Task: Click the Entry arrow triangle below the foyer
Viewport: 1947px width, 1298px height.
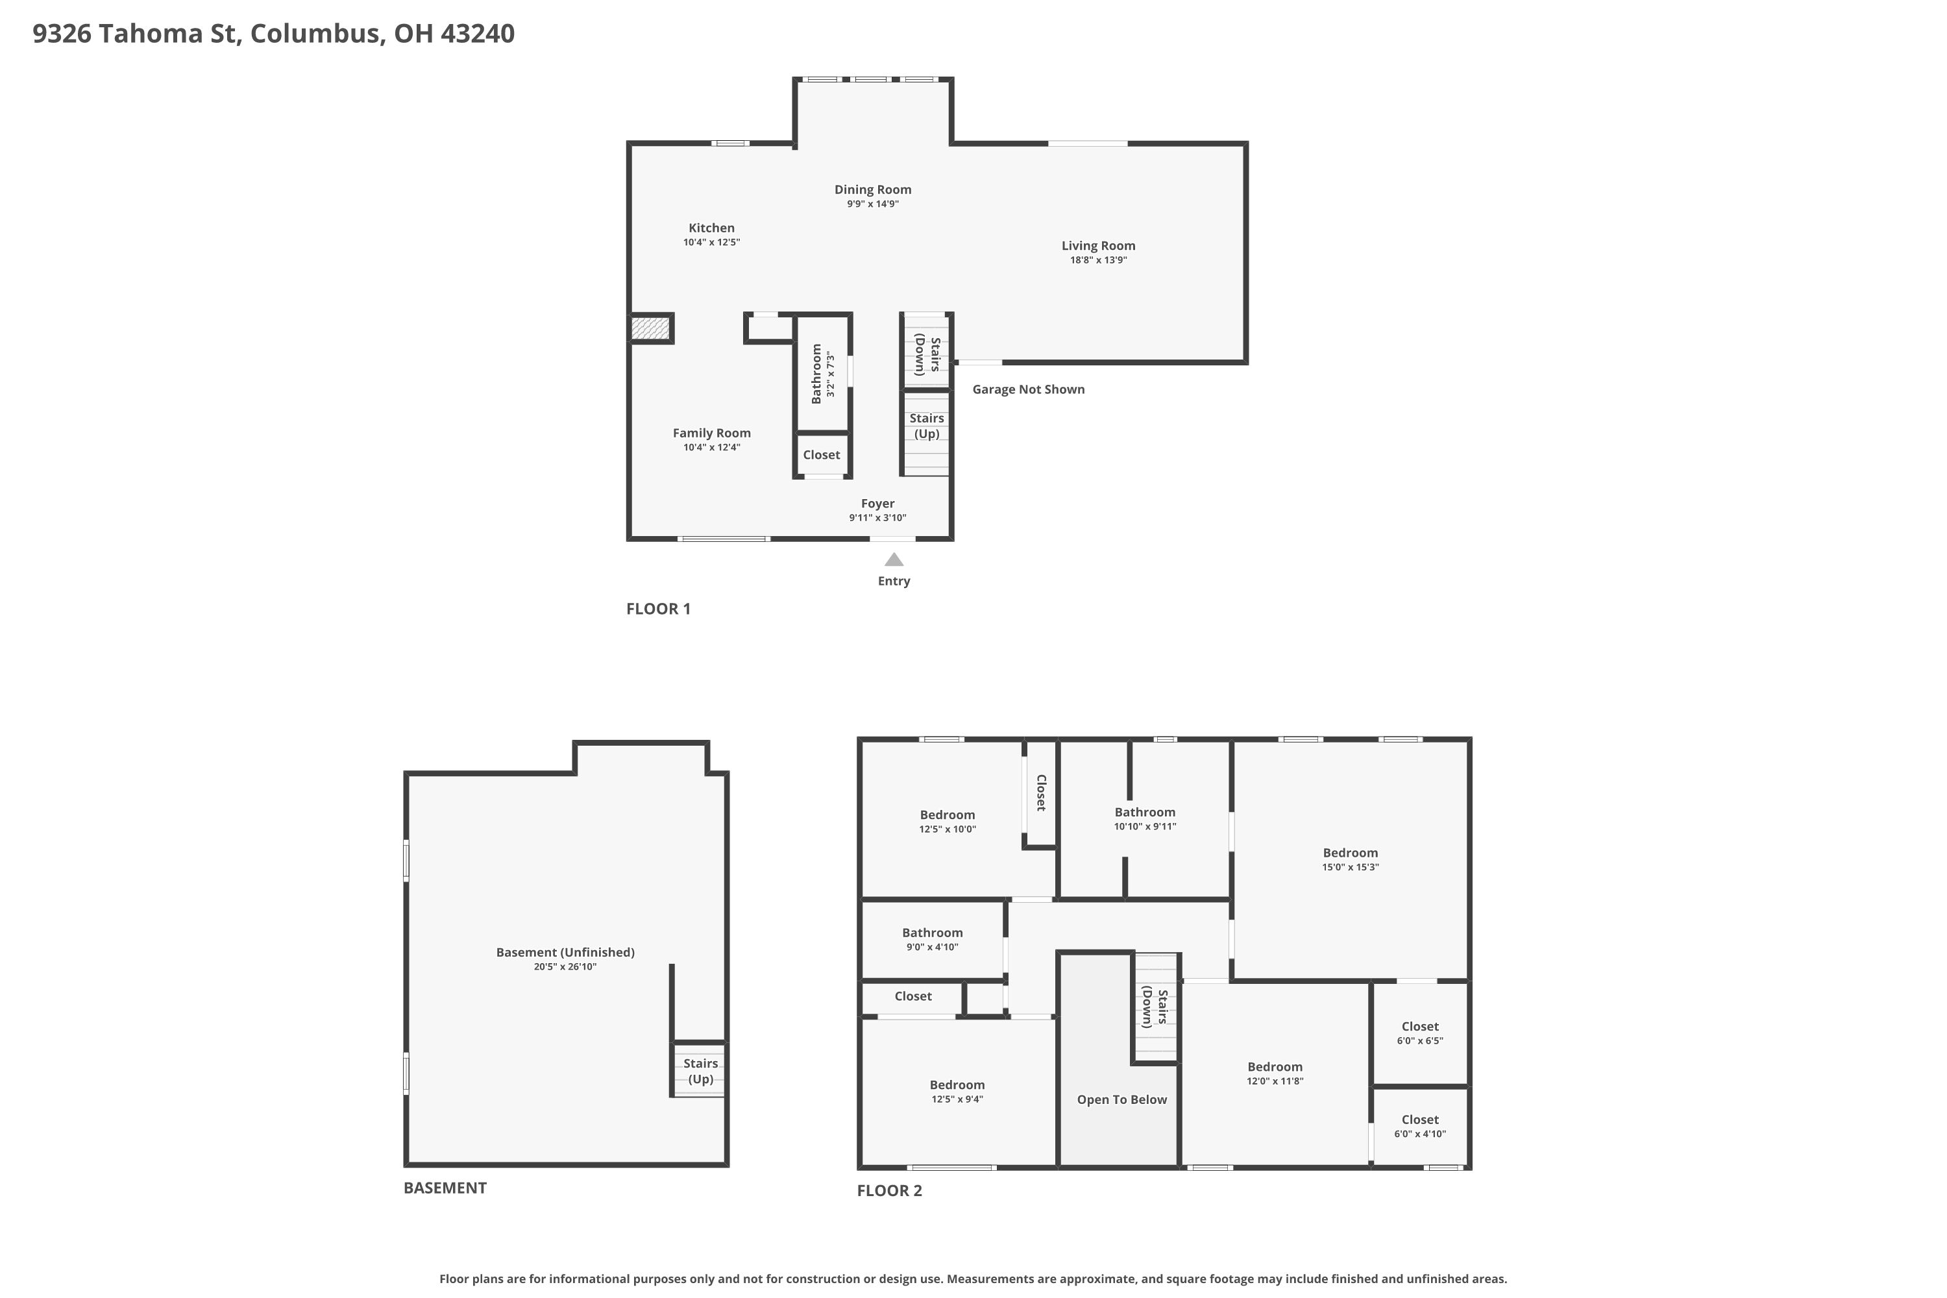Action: pos(894,559)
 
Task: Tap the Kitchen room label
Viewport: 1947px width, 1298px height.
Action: pos(711,228)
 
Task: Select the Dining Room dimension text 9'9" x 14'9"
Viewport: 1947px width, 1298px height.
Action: pos(872,204)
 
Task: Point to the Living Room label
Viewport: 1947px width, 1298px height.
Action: pos(1099,246)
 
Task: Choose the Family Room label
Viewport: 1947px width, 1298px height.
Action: pos(711,433)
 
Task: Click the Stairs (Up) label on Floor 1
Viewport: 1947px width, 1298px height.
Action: pos(926,426)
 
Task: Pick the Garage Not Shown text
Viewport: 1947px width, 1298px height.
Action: pos(1028,389)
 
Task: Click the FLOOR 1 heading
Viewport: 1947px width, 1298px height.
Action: pos(658,609)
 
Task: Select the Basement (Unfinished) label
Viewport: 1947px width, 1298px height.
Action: pos(565,952)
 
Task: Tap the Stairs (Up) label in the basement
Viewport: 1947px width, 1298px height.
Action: pos(700,1071)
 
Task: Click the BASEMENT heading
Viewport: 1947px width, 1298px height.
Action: pos(445,1188)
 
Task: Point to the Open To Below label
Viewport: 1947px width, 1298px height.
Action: pos(1121,1099)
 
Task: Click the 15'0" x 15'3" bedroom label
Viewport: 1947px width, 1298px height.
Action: pos(1350,859)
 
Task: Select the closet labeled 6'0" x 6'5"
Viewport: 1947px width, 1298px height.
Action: pos(1420,1033)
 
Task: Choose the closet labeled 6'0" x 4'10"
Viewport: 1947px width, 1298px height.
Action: pos(1420,1126)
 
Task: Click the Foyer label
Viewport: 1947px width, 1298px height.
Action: pos(877,504)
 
